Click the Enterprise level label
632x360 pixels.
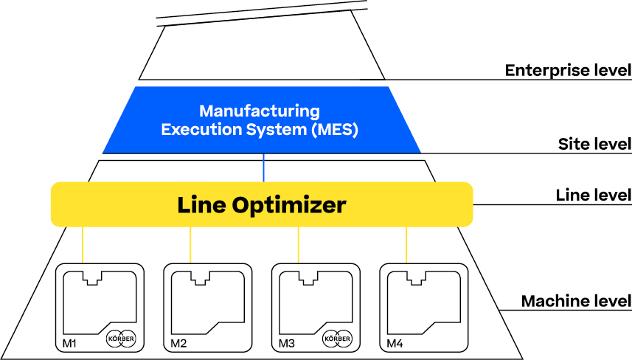coord(567,71)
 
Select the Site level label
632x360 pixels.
coord(594,144)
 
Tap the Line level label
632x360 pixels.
coord(593,195)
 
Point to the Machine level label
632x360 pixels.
coord(576,301)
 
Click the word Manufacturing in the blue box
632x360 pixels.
coord(260,112)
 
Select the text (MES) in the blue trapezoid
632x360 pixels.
coord(334,131)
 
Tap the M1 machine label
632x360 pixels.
coord(69,343)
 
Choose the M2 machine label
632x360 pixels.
coord(178,343)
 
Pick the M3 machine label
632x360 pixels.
coord(286,343)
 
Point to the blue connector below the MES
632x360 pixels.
coord(264,168)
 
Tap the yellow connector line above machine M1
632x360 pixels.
coord(83,244)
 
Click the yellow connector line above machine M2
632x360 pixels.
coord(190,244)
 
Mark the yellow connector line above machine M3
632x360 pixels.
coord(298,244)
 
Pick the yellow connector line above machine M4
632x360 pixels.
coord(406,244)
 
